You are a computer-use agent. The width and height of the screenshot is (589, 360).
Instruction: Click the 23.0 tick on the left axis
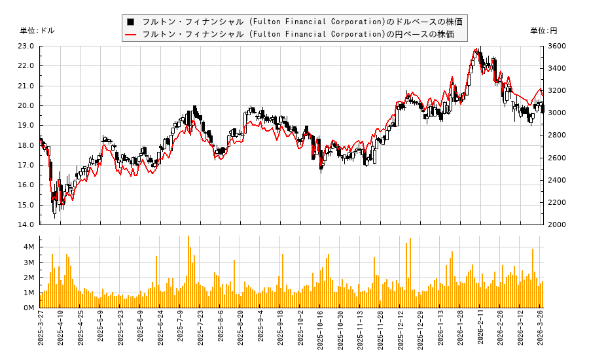click(x=26, y=46)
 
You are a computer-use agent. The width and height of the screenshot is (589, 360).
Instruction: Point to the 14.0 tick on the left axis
click(x=26, y=225)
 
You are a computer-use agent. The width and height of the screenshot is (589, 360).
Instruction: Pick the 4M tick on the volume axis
click(x=29, y=247)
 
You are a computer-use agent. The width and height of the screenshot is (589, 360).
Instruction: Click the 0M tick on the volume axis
click(x=29, y=308)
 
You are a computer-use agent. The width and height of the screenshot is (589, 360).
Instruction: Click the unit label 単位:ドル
click(x=37, y=31)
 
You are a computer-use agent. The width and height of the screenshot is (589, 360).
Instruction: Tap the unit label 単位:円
click(x=543, y=31)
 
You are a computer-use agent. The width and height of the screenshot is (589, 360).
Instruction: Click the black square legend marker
click(x=131, y=22)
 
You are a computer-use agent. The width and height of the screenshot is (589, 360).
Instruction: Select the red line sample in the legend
click(x=131, y=34)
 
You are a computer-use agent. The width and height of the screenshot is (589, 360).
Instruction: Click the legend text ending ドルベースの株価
click(x=302, y=22)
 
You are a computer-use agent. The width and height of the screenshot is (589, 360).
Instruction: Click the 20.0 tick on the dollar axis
click(x=26, y=105)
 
